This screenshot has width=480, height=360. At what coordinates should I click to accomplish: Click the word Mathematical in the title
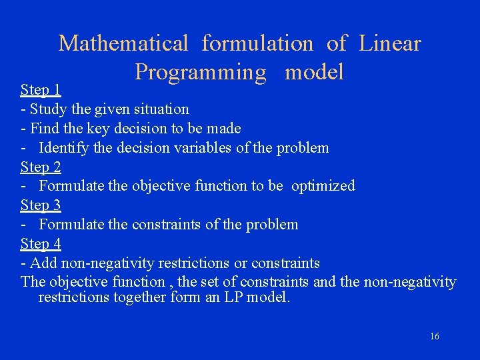(123, 44)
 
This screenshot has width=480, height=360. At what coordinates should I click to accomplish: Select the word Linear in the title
(390, 44)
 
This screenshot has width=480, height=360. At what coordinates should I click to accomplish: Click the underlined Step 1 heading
(41, 89)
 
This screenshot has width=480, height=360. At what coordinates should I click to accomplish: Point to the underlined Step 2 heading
(41, 167)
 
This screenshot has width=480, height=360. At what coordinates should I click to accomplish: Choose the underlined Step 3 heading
(41, 205)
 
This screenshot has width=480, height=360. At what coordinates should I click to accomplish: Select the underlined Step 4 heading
(41, 244)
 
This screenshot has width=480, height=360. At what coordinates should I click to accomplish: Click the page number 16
(434, 337)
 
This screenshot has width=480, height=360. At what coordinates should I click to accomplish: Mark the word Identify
(64, 147)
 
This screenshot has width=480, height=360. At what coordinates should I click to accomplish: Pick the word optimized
(323, 186)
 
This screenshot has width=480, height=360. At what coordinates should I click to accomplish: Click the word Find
(44, 128)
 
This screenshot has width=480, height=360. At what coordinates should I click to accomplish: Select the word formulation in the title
(257, 44)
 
